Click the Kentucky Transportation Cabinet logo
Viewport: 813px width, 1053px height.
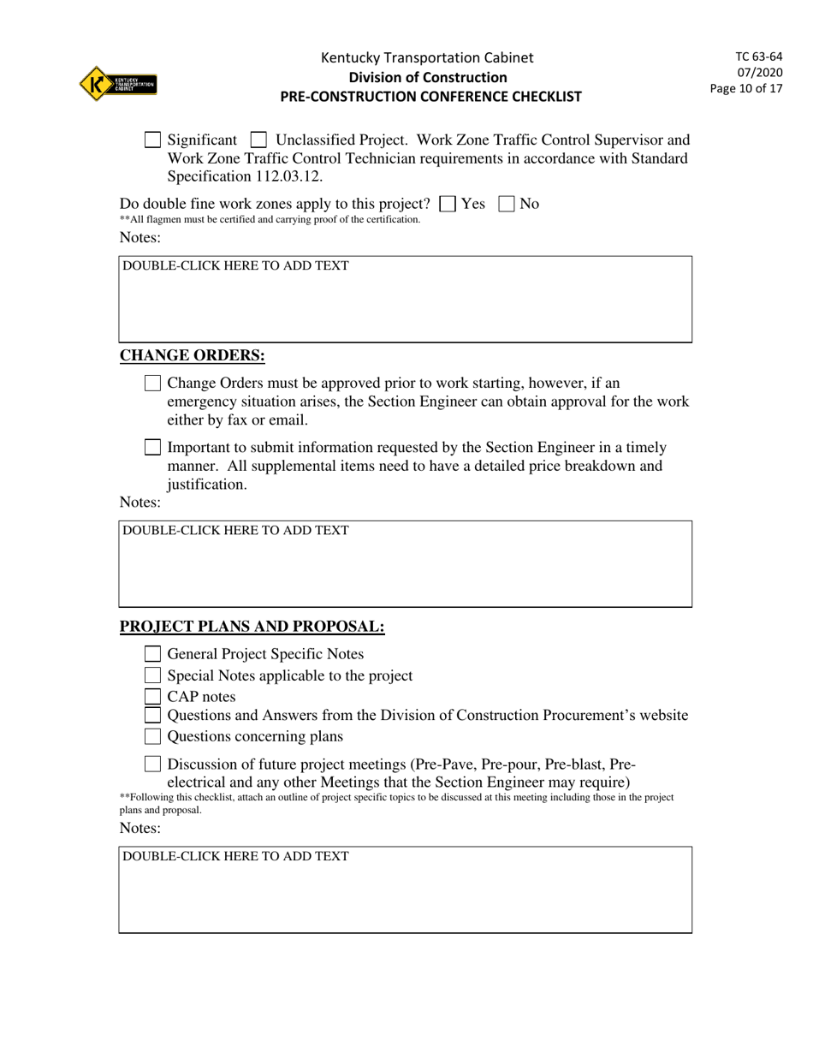click(118, 83)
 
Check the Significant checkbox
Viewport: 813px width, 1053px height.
click(152, 140)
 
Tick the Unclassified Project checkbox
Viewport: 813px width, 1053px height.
click(258, 140)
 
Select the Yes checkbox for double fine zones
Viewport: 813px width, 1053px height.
click(447, 204)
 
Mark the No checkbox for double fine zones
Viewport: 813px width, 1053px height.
click(507, 204)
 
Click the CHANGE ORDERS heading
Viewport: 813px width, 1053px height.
click(192, 356)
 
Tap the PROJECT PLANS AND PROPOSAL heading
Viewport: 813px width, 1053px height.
click(252, 627)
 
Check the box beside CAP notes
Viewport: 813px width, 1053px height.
click(152, 697)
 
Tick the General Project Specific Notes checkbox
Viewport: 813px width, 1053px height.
click(152, 654)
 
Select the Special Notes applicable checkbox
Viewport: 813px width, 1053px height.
click(152, 675)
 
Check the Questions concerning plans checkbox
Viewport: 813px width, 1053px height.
click(152, 736)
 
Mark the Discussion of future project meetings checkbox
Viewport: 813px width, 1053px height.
click(152, 764)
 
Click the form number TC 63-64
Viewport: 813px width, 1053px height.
click(758, 57)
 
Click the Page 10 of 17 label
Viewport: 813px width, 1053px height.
click(746, 88)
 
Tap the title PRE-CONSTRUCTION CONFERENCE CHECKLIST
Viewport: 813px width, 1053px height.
click(430, 97)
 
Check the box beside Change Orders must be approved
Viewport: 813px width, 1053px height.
click(152, 383)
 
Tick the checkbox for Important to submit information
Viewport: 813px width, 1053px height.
click(152, 447)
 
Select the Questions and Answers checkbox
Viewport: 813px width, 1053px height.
click(152, 715)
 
